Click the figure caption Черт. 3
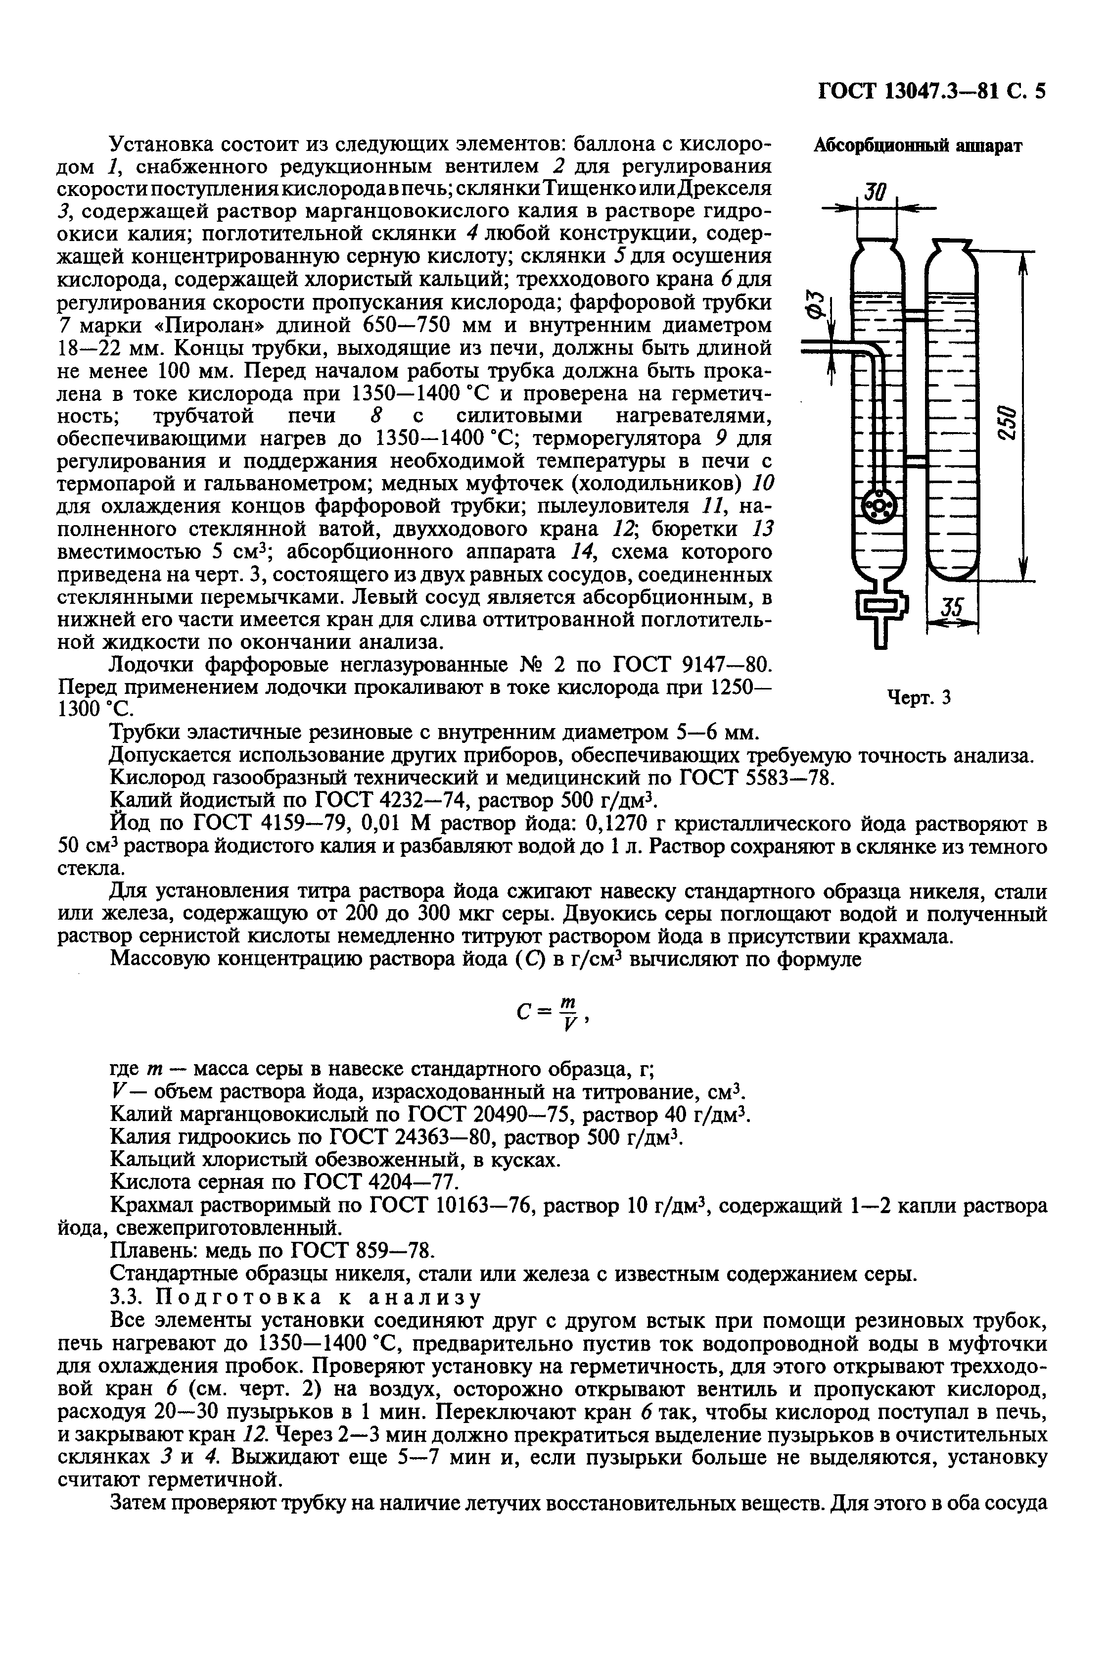pyautogui.click(x=919, y=698)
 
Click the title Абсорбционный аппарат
pyautogui.click(x=918, y=146)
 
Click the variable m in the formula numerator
pyautogui.click(x=566, y=1003)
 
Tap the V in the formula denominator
pyautogui.click(x=567, y=1027)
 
